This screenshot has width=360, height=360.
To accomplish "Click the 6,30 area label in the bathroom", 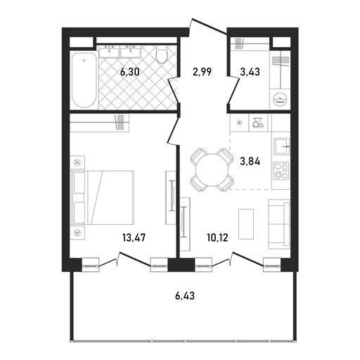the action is click(x=130, y=72).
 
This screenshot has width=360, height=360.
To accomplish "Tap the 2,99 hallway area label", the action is click(x=202, y=72).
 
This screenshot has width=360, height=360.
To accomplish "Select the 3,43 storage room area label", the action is click(x=250, y=72).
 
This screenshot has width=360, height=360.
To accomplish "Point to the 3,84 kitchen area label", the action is click(x=250, y=162).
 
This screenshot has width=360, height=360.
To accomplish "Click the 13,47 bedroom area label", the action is click(x=134, y=238).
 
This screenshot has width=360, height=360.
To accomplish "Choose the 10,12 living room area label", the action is click(x=217, y=238).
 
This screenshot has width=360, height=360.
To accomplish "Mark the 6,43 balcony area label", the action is click(x=185, y=296).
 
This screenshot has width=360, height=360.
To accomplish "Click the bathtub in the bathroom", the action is click(x=84, y=80).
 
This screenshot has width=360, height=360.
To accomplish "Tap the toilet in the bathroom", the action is click(x=162, y=54).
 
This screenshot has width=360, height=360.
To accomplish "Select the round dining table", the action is click(x=212, y=170).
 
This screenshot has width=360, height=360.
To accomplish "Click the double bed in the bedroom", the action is click(x=102, y=198).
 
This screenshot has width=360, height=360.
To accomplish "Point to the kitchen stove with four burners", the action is click(x=281, y=171).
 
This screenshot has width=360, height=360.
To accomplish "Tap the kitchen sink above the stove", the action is click(x=281, y=146).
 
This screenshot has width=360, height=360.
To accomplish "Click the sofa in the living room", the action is click(x=279, y=224).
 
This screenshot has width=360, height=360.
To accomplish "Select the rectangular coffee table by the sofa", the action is click(x=246, y=224).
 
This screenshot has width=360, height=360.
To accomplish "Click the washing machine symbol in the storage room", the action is click(x=281, y=98).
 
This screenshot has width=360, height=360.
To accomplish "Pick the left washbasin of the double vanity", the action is click(x=110, y=51).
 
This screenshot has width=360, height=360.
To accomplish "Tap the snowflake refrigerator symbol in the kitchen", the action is click(x=239, y=123).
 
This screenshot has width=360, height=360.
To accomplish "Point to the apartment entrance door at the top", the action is click(x=208, y=26).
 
